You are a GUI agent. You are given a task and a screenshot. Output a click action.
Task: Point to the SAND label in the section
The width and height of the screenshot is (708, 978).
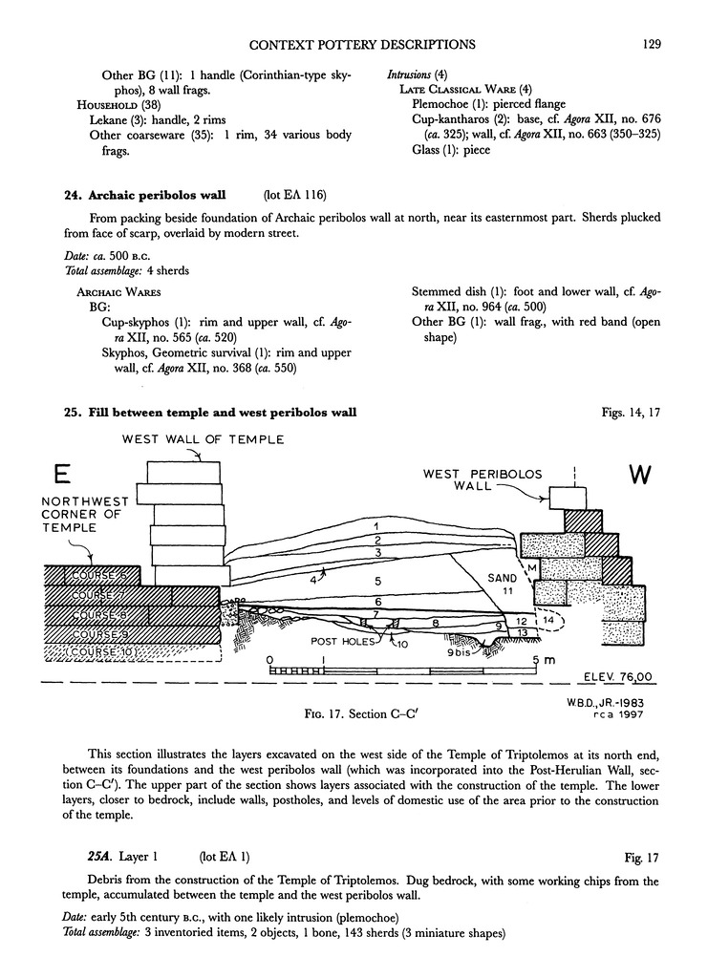[501, 578]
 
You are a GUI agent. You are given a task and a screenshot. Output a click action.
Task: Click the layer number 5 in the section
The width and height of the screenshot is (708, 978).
[378, 581]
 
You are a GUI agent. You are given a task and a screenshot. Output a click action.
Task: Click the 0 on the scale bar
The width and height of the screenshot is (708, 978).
[272, 660]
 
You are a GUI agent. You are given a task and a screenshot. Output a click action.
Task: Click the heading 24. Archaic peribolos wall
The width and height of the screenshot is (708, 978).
[144, 196]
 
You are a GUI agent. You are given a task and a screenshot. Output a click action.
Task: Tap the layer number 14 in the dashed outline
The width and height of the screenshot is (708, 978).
[547, 620]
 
